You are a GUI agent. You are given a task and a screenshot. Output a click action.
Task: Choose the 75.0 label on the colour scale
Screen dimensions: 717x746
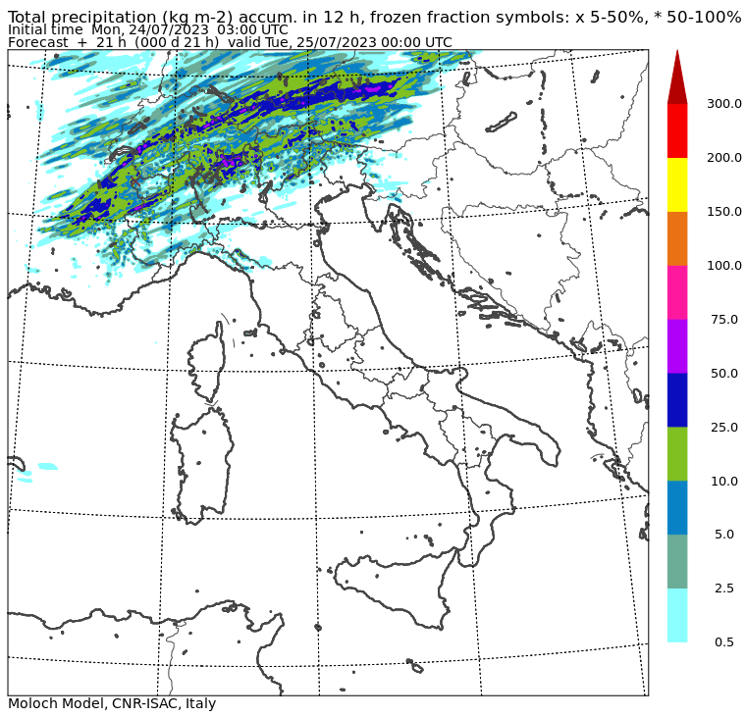coord(724,320)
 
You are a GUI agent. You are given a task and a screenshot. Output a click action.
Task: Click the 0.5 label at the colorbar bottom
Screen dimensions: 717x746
coord(724,642)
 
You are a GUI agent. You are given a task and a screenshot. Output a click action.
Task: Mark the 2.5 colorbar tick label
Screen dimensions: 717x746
coord(724,589)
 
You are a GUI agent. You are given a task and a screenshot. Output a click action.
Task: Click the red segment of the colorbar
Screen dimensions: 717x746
coord(677,130)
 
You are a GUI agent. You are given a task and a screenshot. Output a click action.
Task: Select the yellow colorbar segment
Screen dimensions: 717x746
coord(677,184)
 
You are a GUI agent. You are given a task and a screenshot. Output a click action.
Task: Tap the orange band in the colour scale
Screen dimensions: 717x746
coord(677,238)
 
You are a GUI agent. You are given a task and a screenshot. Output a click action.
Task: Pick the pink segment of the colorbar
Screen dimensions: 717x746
coord(677,292)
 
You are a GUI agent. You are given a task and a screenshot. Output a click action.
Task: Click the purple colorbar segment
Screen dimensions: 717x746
coord(677,346)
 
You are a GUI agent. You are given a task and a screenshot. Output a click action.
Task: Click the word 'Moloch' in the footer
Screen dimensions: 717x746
coord(32,704)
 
